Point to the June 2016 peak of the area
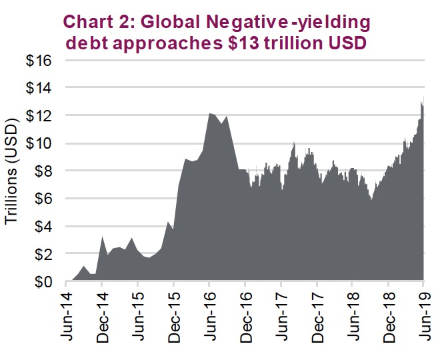(210, 114)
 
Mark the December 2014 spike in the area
(102, 237)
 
